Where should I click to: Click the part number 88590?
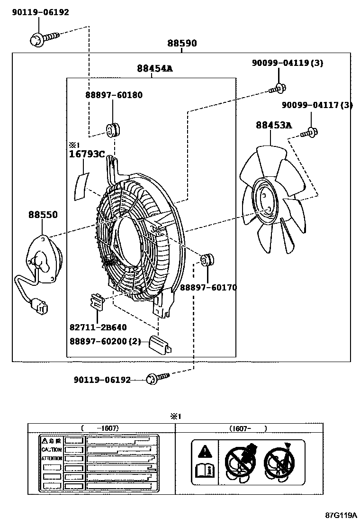coord(181,44)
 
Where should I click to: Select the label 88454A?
coord(154,69)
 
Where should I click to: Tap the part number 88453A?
coord(274,125)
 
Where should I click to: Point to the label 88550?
coord(43,215)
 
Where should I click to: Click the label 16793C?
coord(87,154)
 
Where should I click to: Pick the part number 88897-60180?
coord(114,95)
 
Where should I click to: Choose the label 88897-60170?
coord(208,287)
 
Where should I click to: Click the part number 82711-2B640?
coord(98,327)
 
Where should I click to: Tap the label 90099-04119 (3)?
coord(288,63)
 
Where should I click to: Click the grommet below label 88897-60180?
coord(113,128)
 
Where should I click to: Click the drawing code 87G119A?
coord(341,515)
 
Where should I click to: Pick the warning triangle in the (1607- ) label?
coord(204,451)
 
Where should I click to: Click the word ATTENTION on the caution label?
coord(52,459)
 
